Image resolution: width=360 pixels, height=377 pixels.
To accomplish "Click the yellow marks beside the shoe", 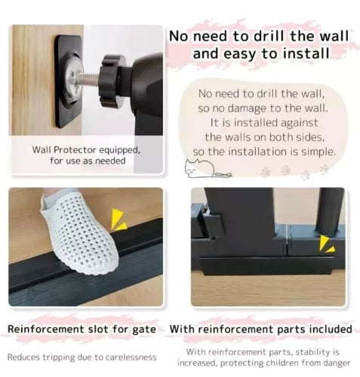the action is click(x=118, y=219).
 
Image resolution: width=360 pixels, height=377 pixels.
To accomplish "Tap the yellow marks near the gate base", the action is click(x=327, y=244).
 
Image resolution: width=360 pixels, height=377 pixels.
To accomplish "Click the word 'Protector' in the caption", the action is click(x=75, y=150).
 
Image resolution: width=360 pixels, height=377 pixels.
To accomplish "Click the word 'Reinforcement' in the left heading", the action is click(x=46, y=329).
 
